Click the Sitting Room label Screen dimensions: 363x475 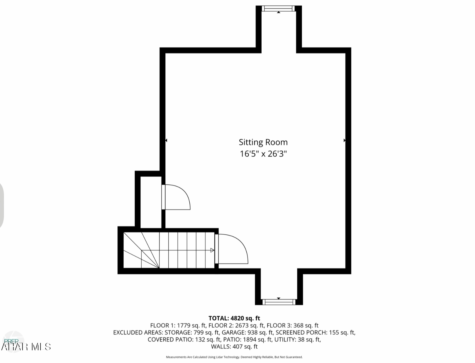263,142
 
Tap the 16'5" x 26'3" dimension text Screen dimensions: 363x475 263,154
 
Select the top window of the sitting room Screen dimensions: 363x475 279,9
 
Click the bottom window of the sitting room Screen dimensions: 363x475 279,302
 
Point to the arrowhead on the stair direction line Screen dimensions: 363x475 212,250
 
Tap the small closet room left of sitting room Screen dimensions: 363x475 151,202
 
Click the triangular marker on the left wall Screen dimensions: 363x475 166,140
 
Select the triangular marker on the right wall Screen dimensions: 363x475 345,140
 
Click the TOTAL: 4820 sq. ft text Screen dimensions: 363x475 234,319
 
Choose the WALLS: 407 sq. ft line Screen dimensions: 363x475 234,347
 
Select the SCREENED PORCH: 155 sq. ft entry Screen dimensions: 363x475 315,332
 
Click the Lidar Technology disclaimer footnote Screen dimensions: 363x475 234,357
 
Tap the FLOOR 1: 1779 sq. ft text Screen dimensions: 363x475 178,326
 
